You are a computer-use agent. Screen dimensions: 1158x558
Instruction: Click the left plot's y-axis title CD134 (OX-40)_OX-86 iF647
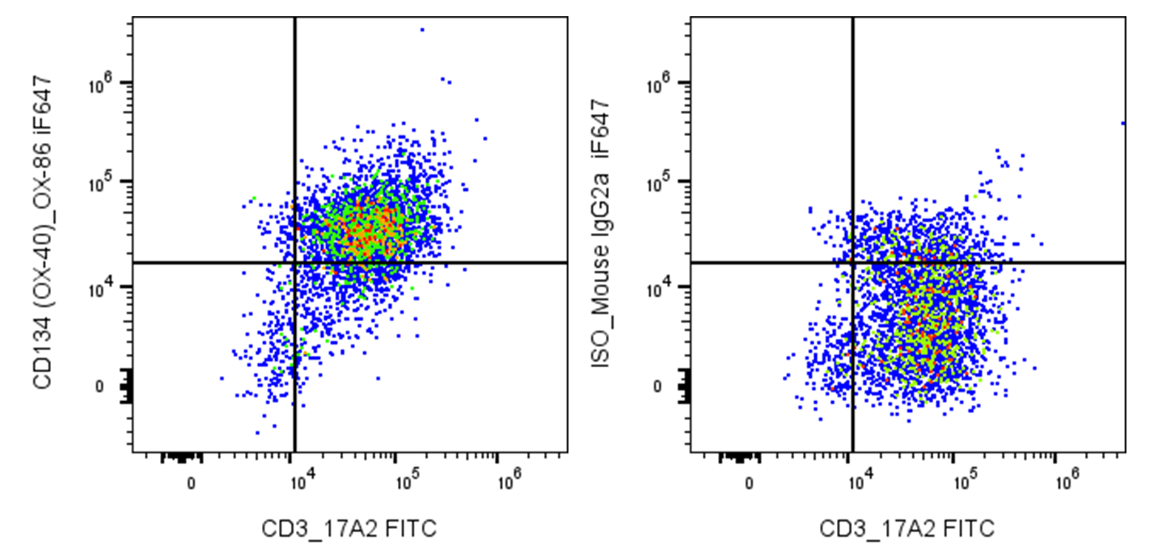tap(43, 232)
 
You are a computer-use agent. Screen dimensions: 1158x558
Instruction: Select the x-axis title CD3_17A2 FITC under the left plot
tap(349, 529)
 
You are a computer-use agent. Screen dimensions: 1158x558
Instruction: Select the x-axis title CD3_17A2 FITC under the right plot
tap(907, 529)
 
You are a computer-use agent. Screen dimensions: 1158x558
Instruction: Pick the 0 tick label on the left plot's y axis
tap(99, 387)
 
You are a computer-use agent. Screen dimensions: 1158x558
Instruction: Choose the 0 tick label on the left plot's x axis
tap(192, 484)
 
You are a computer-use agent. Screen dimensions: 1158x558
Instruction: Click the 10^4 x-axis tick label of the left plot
tap(302, 481)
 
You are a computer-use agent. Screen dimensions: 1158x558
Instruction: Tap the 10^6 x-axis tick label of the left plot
tap(509, 481)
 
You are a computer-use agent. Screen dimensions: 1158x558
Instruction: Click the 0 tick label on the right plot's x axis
tap(749, 484)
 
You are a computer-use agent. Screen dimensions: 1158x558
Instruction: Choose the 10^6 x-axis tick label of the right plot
tap(1067, 481)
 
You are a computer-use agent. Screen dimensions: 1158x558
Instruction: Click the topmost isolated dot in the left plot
tap(422, 30)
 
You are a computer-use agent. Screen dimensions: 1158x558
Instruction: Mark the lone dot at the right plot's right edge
tap(1123, 124)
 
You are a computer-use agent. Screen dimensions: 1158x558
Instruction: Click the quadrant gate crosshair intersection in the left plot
tap(294, 263)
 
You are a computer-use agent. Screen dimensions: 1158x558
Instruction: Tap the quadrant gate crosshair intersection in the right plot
tap(852, 263)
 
